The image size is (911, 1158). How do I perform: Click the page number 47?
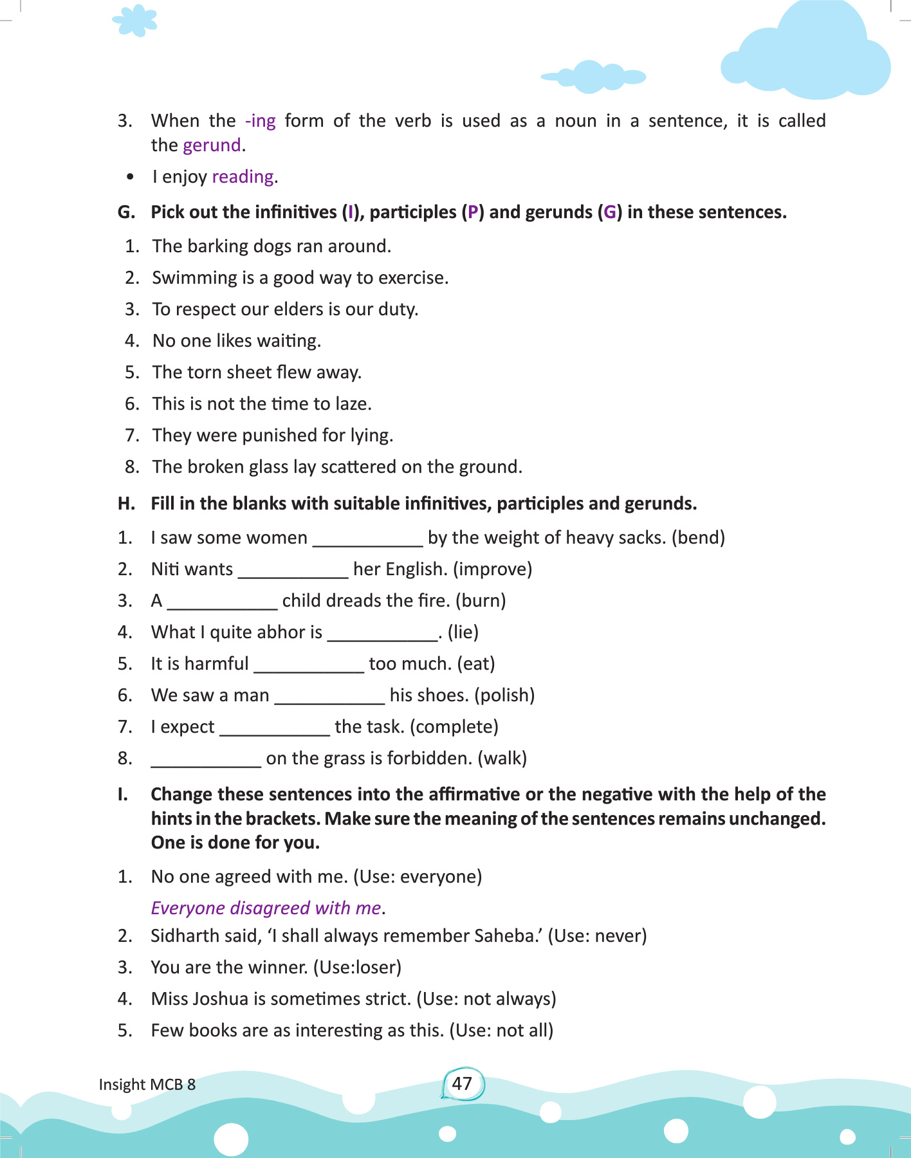[x=462, y=1083]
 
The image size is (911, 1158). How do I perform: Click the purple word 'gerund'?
[x=212, y=145]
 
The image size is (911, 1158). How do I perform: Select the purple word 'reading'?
[x=243, y=177]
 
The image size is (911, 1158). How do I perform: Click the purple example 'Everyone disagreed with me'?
[x=266, y=908]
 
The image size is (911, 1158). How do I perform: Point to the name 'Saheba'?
[x=508, y=935]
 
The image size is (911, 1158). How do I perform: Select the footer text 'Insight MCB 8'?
[x=147, y=1085]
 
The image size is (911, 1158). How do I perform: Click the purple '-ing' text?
[x=260, y=121]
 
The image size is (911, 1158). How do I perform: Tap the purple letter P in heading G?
[x=473, y=212]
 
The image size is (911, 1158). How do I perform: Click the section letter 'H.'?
[x=126, y=504]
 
